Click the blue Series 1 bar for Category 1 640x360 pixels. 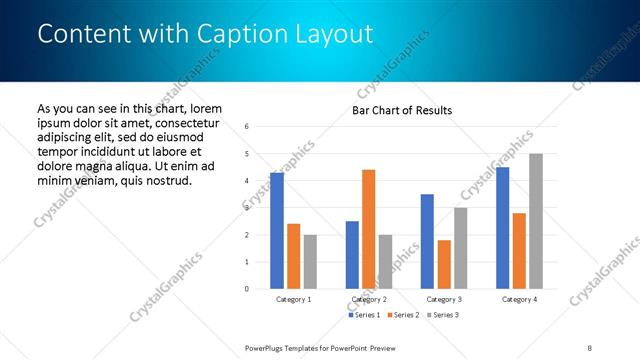tap(277, 231)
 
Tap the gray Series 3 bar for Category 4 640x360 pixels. tap(536, 221)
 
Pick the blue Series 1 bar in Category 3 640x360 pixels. tap(427, 241)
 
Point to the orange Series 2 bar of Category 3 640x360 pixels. tap(444, 264)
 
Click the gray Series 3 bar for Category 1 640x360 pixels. tap(310, 262)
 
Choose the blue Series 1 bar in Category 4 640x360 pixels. tap(502, 228)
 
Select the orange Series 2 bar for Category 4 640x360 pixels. tap(519, 251)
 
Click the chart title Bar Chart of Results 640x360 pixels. tap(402, 110)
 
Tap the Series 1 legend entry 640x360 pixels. tap(364, 315)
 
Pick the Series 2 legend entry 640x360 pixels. tap(401, 315)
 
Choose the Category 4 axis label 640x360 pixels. tap(519, 299)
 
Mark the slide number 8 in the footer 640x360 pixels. tap(591, 347)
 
